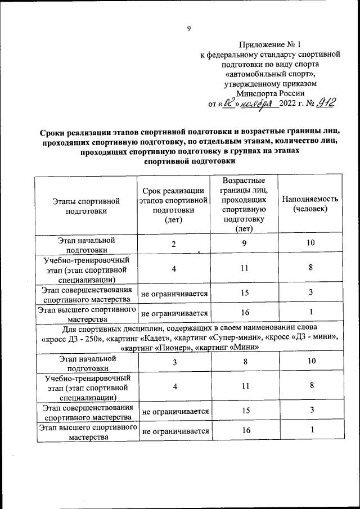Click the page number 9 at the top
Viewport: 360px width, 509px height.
(189, 29)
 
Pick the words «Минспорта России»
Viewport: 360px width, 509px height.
(271, 94)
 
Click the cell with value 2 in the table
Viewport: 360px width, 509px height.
(174, 244)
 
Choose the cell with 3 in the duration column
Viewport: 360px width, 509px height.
(174, 361)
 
